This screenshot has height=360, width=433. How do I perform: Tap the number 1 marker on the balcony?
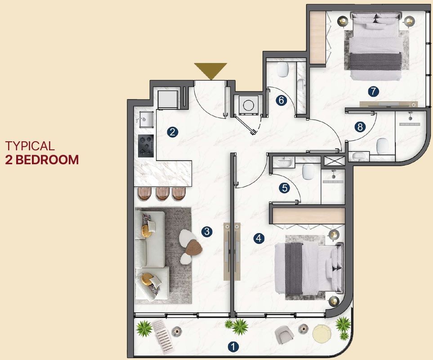click(233, 347)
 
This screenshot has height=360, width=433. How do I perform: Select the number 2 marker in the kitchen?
click(172, 132)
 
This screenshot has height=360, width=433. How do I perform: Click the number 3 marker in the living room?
click(206, 232)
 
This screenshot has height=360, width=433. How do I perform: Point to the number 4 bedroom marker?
click(259, 238)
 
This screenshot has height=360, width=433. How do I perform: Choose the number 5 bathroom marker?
click(284, 188)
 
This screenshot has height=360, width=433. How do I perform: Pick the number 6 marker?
click(281, 100)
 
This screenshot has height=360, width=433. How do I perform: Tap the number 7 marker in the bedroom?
click(373, 91)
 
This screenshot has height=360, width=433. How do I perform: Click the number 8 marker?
click(360, 127)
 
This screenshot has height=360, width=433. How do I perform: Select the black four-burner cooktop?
click(146, 146)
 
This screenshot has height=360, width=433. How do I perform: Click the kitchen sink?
click(145, 119)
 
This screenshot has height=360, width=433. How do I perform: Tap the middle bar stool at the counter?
click(162, 193)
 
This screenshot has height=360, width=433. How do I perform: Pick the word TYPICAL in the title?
click(30, 146)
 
